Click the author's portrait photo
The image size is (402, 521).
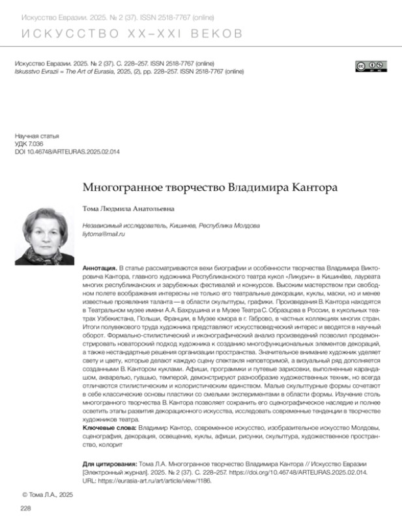[46, 236]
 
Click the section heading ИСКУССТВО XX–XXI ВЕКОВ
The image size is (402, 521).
[130, 33]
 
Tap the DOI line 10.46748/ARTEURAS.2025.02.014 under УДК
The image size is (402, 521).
[65, 151]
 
